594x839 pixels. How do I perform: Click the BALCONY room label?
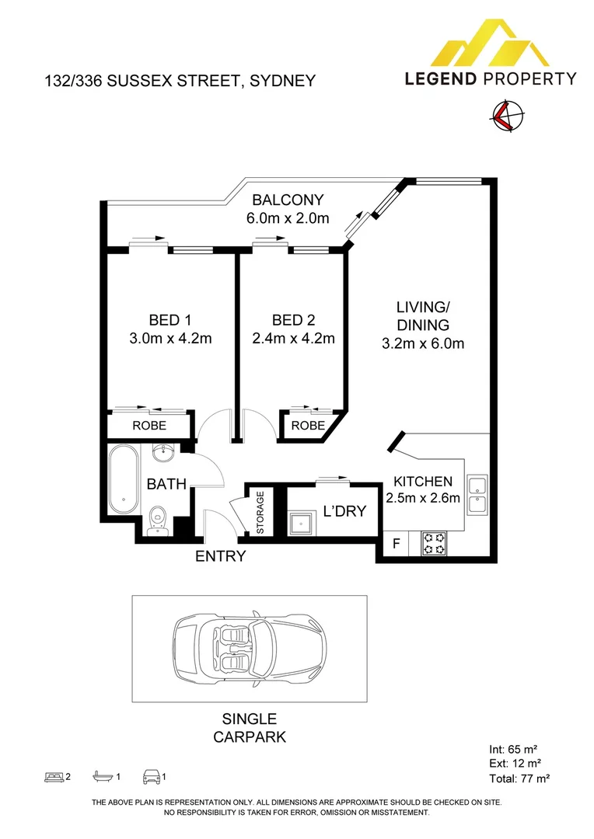point(288,200)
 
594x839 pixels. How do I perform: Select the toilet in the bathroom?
point(159,520)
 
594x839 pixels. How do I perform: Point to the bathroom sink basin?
point(162,454)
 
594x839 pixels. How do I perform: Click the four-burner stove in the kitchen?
point(435,543)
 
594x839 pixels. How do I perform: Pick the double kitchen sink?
point(477,495)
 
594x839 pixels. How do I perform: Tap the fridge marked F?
point(397,544)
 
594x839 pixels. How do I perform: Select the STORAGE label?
point(260,513)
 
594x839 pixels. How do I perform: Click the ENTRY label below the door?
point(220,556)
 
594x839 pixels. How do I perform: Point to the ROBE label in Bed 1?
point(149,426)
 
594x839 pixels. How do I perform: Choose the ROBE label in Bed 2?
point(308,426)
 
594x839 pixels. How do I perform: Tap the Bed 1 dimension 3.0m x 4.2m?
point(170,338)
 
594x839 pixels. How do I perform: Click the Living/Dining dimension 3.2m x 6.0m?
point(423,343)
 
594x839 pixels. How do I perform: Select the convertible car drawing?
point(250,649)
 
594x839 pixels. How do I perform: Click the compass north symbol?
point(506,116)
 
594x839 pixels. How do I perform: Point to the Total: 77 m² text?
point(519,778)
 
